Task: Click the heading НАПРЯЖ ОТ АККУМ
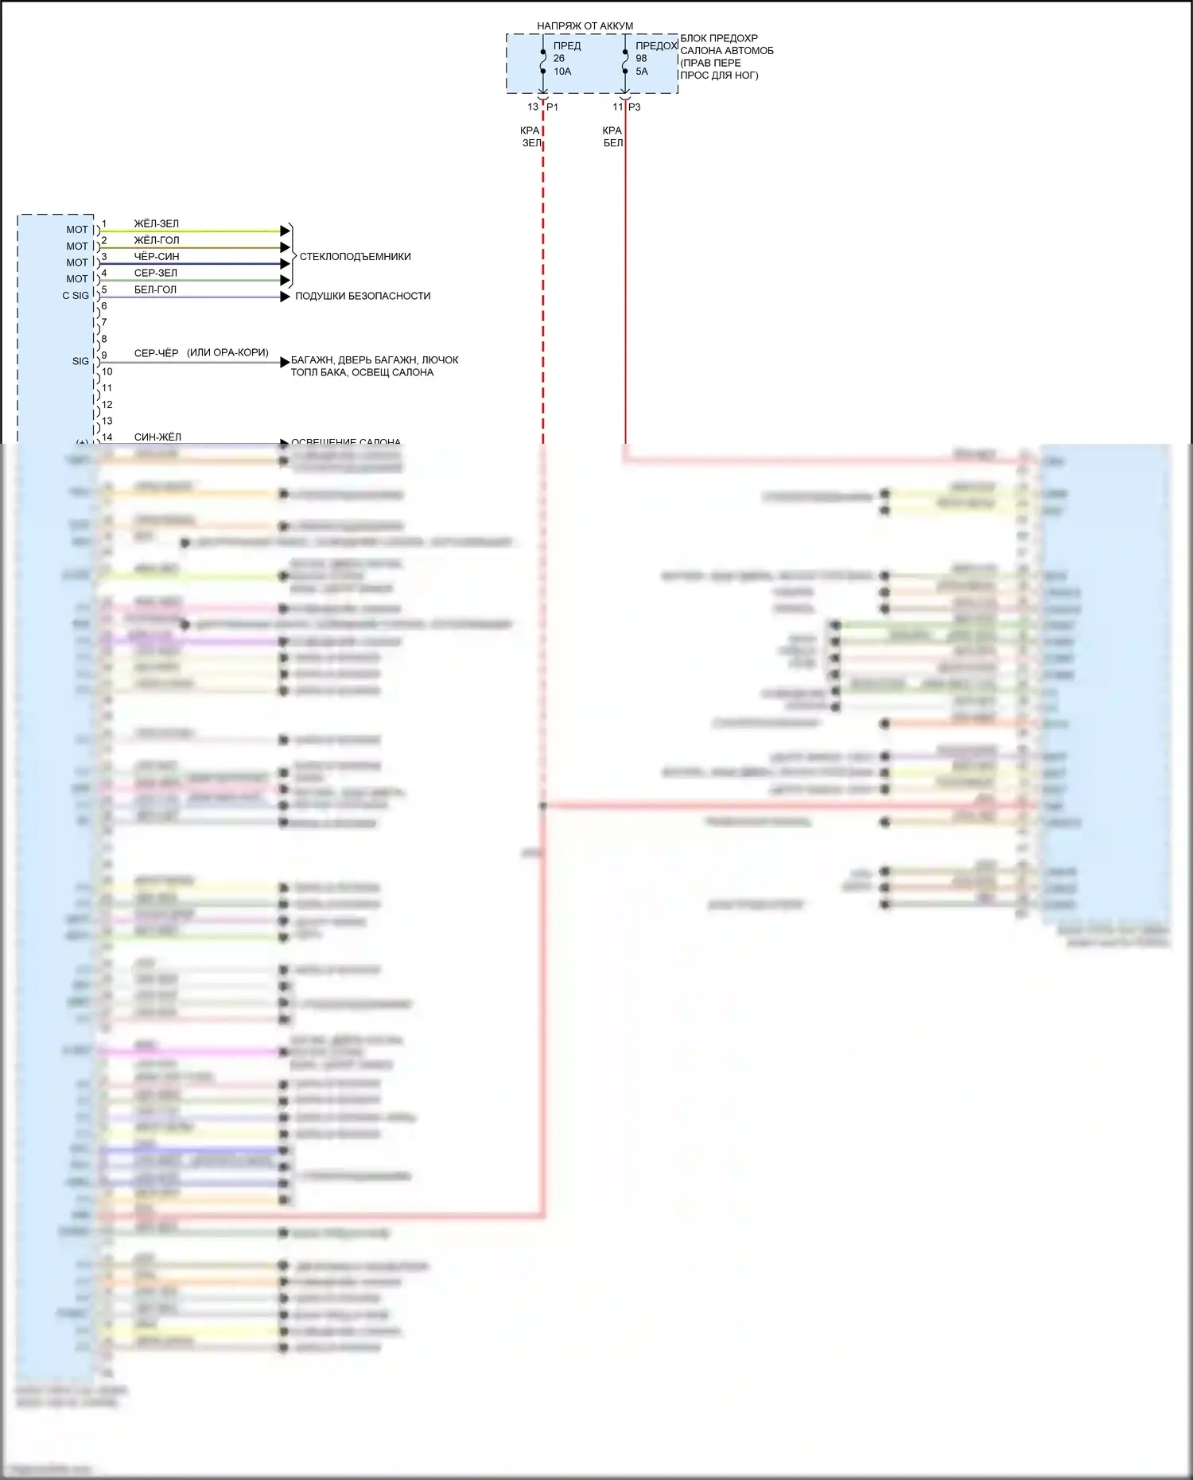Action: [x=585, y=25]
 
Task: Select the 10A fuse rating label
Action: [x=562, y=72]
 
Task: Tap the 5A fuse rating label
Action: [x=642, y=72]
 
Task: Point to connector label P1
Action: [x=553, y=107]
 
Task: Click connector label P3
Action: [x=635, y=107]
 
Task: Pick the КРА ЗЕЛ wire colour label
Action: [x=530, y=137]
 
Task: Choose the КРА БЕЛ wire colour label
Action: [x=612, y=137]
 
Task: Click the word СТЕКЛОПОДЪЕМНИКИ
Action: [x=355, y=257]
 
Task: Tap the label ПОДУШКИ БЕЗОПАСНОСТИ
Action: [x=363, y=296]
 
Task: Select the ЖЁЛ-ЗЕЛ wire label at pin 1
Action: [x=156, y=223]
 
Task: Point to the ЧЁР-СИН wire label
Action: [x=157, y=257]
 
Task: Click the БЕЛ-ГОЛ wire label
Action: [x=155, y=289]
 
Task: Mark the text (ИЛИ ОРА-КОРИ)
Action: [x=227, y=352]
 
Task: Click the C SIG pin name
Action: [x=76, y=296]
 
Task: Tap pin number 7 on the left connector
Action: [x=104, y=322]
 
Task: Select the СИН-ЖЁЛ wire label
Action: [x=157, y=437]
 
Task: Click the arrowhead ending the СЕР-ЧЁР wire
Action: [x=286, y=363]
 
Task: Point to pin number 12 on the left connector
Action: [x=107, y=405]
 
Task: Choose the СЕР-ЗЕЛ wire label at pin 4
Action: [x=156, y=273]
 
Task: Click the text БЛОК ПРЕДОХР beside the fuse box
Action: [x=719, y=38]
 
